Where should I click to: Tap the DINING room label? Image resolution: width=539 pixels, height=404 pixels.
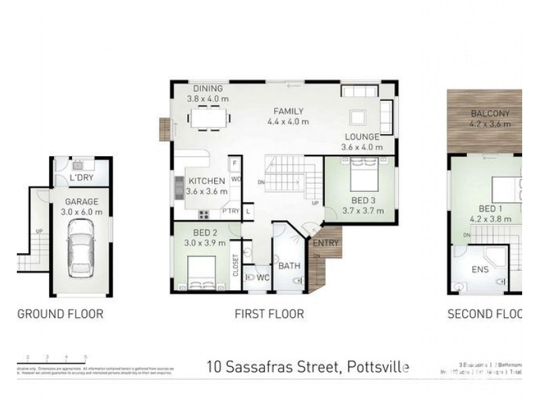click(x=208, y=88)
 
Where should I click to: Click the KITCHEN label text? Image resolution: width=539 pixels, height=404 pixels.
click(x=207, y=181)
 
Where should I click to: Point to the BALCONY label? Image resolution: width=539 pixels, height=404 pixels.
click(x=490, y=113)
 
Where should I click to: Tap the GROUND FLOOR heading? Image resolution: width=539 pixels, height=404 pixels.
click(x=60, y=313)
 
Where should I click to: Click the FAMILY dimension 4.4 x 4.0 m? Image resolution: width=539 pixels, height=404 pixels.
click(x=288, y=122)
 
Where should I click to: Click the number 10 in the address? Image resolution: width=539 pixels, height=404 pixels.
click(x=214, y=367)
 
